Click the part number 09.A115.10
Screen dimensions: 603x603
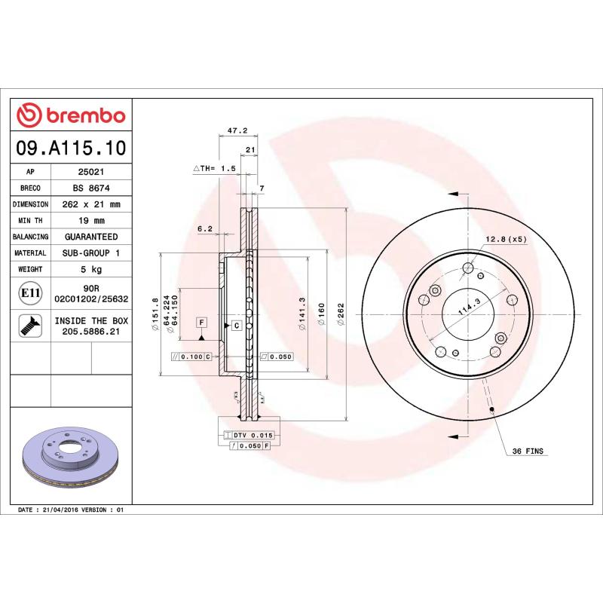click(x=71, y=148)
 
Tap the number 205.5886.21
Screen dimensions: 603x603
click(x=90, y=331)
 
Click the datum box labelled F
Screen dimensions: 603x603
click(x=201, y=323)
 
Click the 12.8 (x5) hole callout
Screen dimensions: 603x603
click(x=505, y=239)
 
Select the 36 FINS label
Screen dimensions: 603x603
click(x=528, y=451)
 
